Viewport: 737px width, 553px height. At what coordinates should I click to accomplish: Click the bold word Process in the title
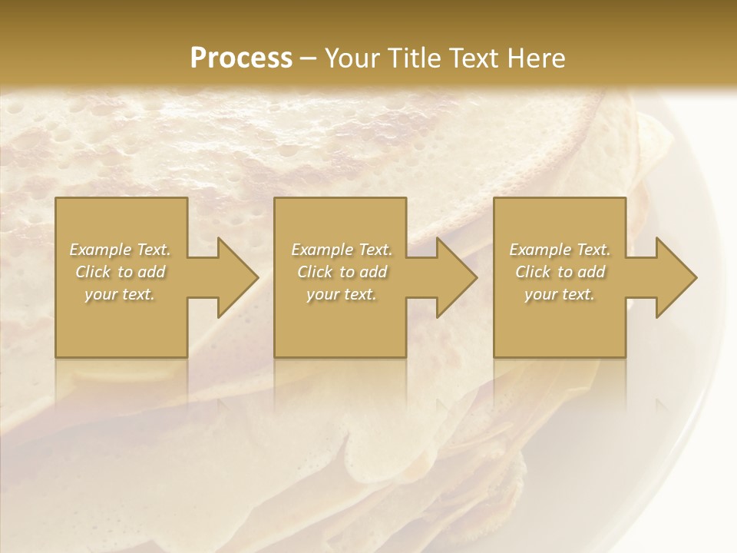(241, 58)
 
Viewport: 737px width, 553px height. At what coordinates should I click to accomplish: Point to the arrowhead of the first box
(236, 277)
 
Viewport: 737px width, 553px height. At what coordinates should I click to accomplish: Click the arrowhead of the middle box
(455, 277)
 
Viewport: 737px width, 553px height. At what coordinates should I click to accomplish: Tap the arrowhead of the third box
(675, 277)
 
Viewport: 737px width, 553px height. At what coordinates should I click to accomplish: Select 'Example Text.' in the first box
(120, 250)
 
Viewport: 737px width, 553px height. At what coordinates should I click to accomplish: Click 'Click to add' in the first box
(121, 272)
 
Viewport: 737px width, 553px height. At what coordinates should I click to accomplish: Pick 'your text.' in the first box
(121, 294)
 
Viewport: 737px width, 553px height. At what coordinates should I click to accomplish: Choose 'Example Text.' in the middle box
(342, 250)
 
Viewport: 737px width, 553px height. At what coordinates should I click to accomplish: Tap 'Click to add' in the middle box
(342, 272)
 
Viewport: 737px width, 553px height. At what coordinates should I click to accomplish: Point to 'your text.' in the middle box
(342, 294)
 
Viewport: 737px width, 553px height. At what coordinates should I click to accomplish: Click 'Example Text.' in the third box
(560, 250)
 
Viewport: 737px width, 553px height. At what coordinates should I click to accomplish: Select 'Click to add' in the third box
(560, 272)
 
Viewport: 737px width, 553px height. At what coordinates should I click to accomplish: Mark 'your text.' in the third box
(560, 294)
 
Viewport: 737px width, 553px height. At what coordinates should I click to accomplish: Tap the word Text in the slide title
(471, 58)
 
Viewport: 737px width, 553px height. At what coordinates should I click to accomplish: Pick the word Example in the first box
(101, 250)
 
